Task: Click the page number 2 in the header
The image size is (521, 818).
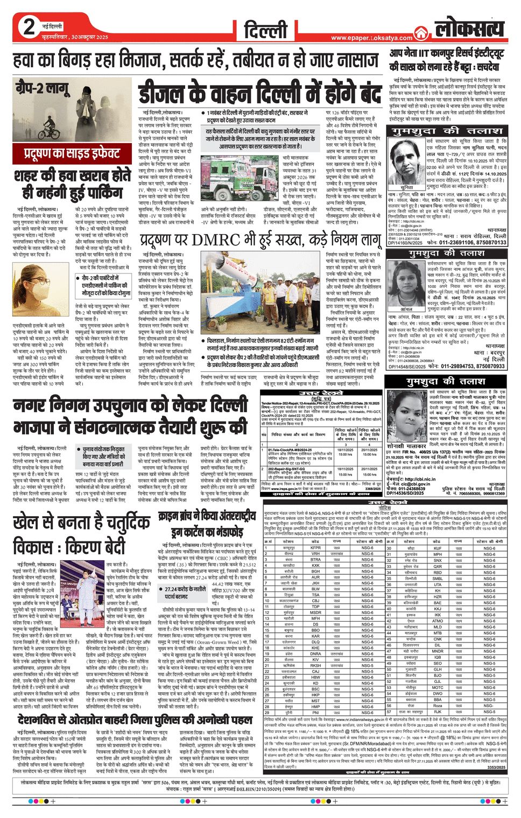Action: click(x=29, y=27)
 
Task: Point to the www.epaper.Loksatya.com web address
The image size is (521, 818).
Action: click(x=371, y=38)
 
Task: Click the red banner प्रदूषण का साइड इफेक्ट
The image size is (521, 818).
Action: click(x=72, y=153)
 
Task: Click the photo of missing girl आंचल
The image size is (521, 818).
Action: click(x=406, y=283)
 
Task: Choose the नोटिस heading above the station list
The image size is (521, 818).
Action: click(x=384, y=507)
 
